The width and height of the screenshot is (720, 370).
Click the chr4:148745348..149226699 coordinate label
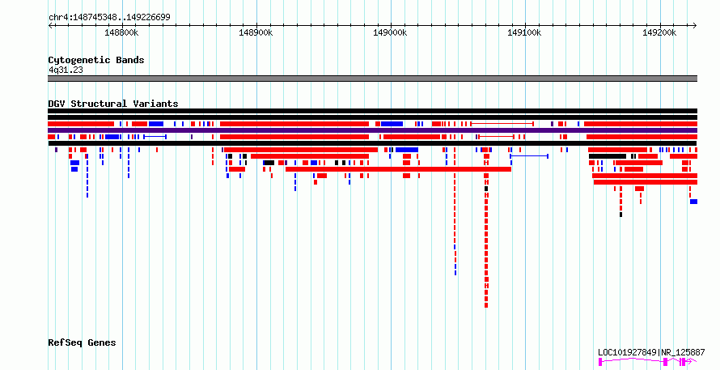click(109, 18)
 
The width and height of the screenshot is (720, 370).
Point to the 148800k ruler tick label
click(121, 33)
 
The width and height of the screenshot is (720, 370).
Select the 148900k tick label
click(256, 33)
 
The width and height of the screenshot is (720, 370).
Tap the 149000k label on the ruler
click(390, 33)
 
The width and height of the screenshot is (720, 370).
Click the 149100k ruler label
click(524, 33)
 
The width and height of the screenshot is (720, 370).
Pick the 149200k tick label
click(659, 33)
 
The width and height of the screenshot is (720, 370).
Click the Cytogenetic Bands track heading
click(96, 60)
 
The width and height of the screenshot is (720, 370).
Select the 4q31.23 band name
click(66, 70)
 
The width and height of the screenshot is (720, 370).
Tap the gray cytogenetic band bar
click(372, 79)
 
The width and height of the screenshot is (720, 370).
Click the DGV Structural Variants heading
click(113, 104)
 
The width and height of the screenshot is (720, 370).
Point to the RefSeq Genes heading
click(82, 343)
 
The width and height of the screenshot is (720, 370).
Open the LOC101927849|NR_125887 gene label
click(651, 352)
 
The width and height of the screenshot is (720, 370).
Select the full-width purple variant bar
click(372, 130)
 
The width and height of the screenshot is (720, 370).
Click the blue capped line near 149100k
click(529, 156)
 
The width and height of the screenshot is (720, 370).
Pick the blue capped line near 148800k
click(155, 137)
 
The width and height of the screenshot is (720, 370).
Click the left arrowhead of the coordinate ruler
click(49, 26)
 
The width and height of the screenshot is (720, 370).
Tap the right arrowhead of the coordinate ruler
click(695, 26)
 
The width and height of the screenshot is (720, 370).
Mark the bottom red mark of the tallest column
click(486, 305)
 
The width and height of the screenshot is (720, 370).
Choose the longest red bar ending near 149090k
click(398, 169)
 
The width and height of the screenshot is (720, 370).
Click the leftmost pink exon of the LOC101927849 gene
click(600, 362)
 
